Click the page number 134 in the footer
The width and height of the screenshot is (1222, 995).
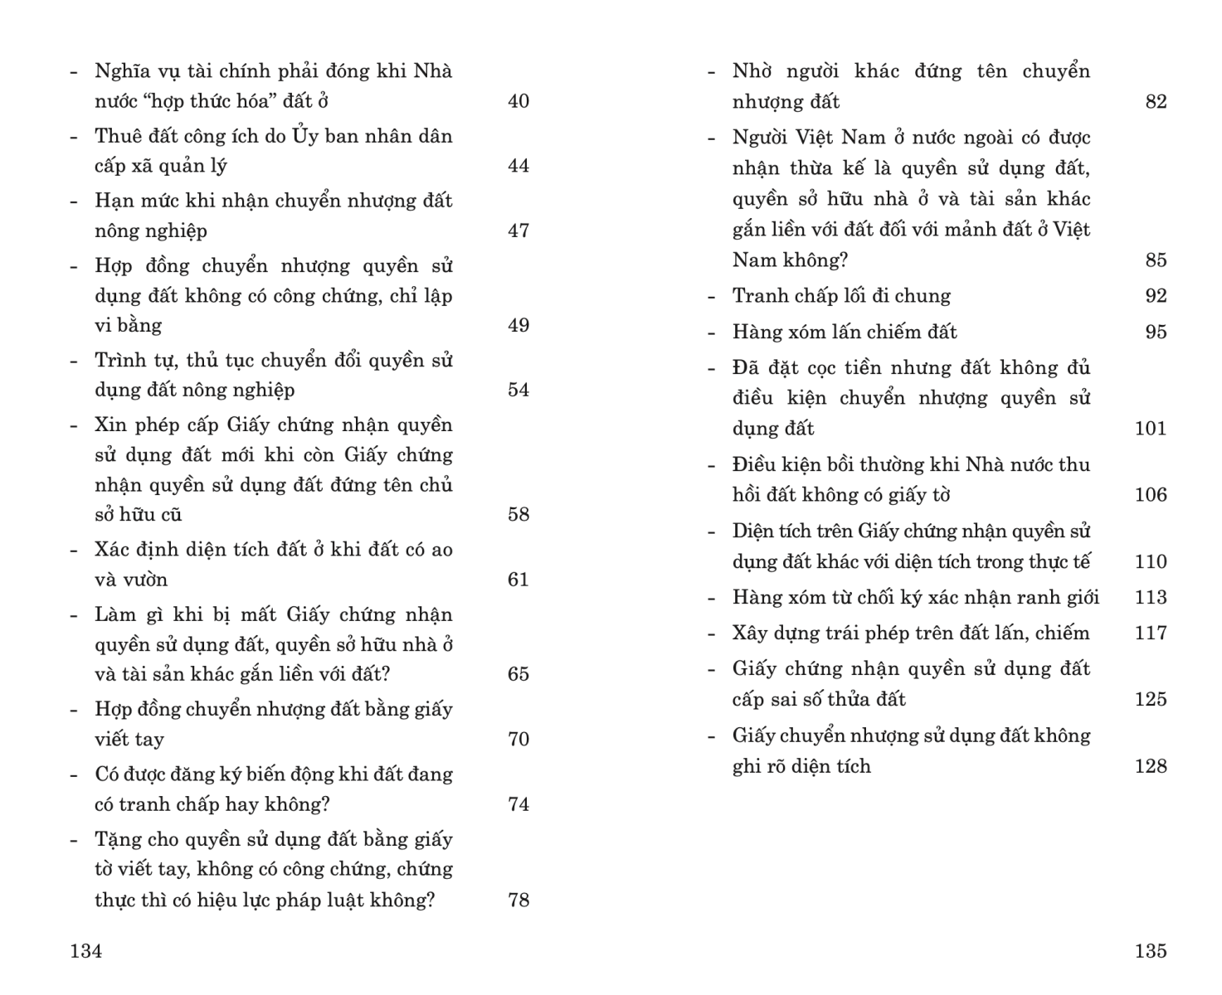tap(86, 951)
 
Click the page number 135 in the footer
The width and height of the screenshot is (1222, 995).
tap(1151, 951)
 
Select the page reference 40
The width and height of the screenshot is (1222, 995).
tap(518, 101)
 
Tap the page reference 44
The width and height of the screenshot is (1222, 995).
tap(518, 166)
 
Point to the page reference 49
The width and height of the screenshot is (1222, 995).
tap(518, 325)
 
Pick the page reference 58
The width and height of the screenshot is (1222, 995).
tap(518, 514)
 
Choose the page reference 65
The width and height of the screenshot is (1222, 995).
tap(518, 674)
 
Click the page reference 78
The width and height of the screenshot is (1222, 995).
tap(518, 900)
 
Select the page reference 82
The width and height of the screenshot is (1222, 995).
tap(1156, 102)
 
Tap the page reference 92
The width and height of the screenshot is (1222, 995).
tap(1156, 296)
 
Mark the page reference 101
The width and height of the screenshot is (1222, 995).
tap(1151, 429)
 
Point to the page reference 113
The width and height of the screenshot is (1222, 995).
tap(1151, 597)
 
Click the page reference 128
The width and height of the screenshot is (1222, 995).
tap(1151, 766)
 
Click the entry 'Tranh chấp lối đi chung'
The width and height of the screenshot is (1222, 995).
tap(841, 296)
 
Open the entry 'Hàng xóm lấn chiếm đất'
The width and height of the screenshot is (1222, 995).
tap(845, 332)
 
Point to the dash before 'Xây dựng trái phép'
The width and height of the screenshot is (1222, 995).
tap(711, 633)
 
